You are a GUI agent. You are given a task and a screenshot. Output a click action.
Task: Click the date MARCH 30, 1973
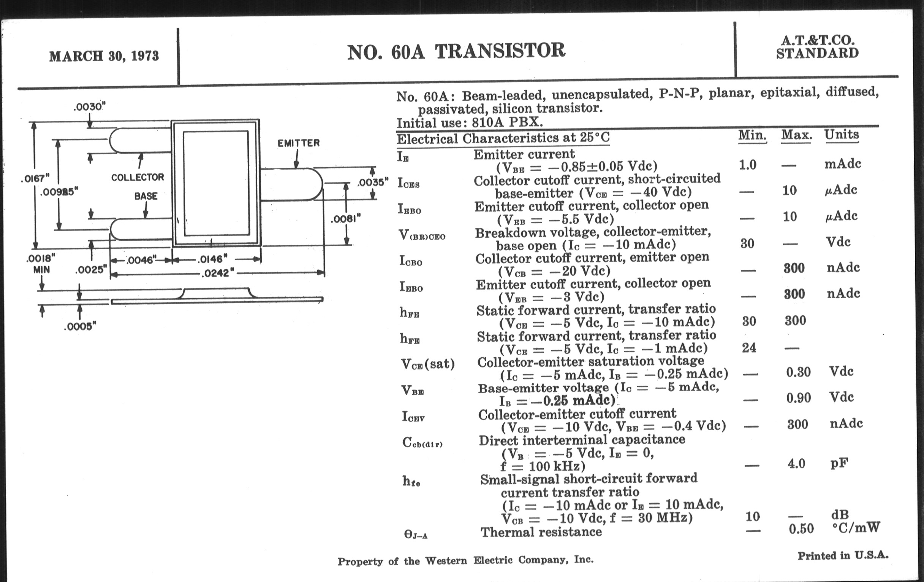point(104,56)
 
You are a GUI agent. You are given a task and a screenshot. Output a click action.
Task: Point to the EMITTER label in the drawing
point(298,143)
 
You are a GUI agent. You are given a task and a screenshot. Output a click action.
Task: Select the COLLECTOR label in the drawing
point(138,177)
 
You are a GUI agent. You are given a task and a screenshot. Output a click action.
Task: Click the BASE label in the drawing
point(146,196)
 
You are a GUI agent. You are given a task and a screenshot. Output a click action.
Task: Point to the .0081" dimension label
point(345,219)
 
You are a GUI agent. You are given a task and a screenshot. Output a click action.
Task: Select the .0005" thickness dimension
point(80,326)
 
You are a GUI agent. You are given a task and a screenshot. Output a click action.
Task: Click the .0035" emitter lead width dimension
point(372,182)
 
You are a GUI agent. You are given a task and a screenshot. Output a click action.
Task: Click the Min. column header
point(752,135)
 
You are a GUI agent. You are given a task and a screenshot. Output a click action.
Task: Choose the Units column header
point(841,134)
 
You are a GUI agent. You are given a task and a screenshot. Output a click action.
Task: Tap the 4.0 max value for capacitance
point(796,464)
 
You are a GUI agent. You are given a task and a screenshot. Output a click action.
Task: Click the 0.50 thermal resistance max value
point(801,529)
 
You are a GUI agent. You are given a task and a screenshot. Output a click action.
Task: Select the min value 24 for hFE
point(748,348)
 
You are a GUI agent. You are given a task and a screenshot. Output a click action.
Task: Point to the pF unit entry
point(839,463)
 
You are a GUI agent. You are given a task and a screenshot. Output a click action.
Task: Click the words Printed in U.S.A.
point(843,555)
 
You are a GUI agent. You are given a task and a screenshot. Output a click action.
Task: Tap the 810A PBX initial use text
point(507,122)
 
